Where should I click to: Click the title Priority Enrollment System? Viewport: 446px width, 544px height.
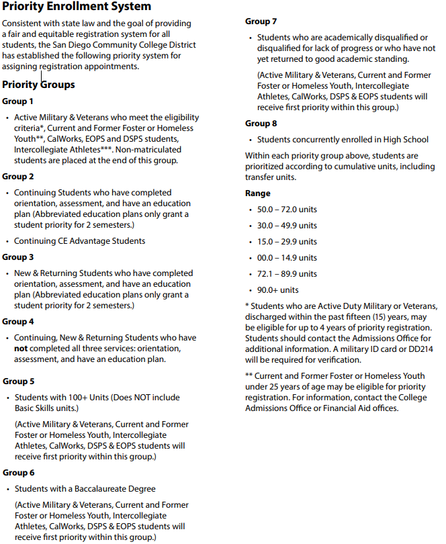pyautogui.click(x=77, y=7)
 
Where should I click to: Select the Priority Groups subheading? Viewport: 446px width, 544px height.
pyautogui.click(x=38, y=85)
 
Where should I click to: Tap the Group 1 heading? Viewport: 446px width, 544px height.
pyautogui.click(x=17, y=101)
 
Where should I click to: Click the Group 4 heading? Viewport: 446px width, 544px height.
pyautogui.click(x=17, y=322)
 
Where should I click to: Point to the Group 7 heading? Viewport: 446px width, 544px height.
pyautogui.click(x=261, y=21)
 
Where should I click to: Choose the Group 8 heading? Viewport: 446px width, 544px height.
pyautogui.click(x=261, y=124)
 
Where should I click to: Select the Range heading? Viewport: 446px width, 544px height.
pyautogui.click(x=258, y=193)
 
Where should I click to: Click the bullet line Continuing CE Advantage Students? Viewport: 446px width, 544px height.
pyautogui.click(x=80, y=241)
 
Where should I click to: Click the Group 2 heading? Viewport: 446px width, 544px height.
pyautogui.click(x=17, y=177)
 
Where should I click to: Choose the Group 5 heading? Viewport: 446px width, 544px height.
pyautogui.click(x=17, y=381)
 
